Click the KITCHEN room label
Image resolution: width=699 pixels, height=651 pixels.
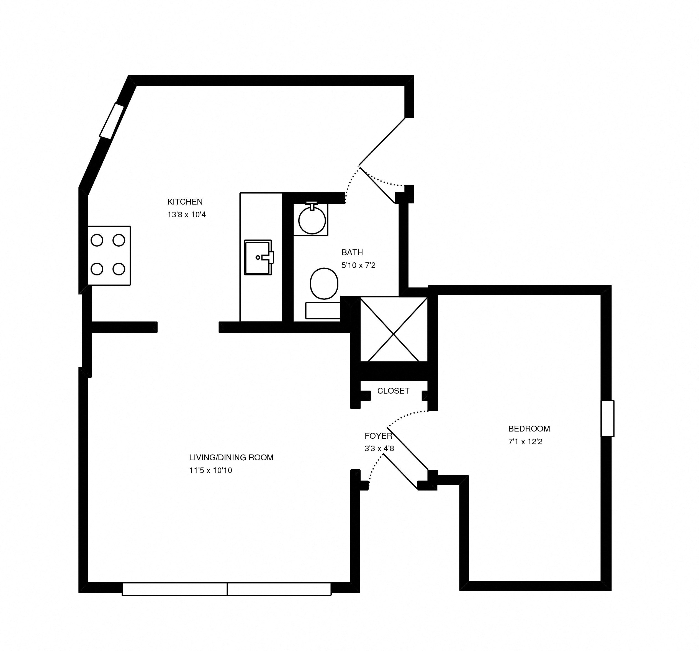185,202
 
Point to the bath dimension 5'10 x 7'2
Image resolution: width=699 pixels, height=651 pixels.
358,265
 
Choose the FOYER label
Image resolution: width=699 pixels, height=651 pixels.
378,436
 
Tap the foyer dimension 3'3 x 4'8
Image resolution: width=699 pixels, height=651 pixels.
379,449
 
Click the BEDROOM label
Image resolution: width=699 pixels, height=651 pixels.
529,429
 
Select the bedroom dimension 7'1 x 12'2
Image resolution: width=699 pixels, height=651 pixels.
525,442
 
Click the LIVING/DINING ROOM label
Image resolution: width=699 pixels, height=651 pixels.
231,458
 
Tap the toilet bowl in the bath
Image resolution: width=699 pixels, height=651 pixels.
324,283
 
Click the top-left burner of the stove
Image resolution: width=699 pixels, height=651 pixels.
97,240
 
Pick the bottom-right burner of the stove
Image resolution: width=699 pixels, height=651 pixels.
119,269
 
